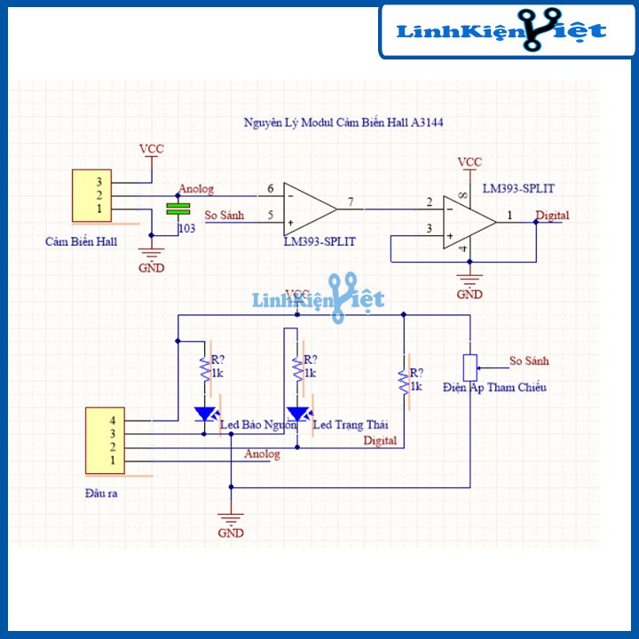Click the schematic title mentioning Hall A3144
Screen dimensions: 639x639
point(343,123)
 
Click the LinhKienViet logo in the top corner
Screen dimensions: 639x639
point(501,31)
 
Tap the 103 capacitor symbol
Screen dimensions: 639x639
point(179,209)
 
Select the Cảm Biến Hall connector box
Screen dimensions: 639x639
point(93,195)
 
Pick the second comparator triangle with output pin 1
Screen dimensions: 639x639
point(469,222)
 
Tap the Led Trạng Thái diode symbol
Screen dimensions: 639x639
point(299,414)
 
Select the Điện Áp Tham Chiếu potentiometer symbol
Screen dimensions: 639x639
point(470,365)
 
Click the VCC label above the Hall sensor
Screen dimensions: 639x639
point(152,149)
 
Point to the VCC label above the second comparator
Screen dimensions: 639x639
point(469,162)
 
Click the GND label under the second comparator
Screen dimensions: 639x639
point(469,294)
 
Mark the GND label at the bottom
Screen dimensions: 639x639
point(231,533)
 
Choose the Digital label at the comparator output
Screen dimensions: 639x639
point(552,215)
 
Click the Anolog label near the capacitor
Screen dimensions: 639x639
point(196,188)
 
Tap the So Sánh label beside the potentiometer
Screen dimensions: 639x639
point(529,361)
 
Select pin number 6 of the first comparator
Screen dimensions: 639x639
point(270,189)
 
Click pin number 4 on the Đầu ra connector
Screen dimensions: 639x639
point(113,419)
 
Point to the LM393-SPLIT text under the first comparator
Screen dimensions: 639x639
point(319,241)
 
